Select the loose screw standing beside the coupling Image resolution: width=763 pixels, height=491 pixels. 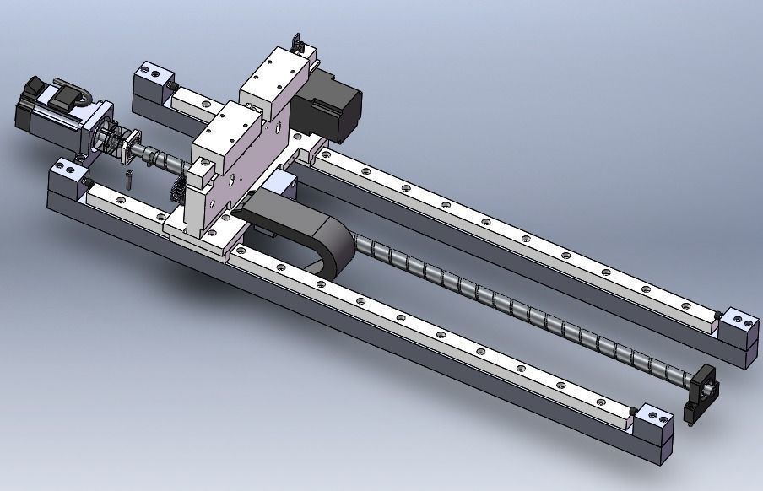point(128,179)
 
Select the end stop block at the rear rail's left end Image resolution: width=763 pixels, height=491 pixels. point(152,79)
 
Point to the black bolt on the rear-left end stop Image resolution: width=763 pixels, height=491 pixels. point(174,86)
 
